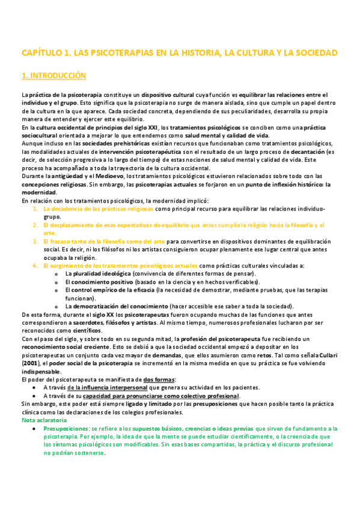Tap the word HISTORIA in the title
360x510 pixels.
(197, 53)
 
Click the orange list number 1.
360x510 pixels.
(35, 209)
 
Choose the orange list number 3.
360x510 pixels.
(35, 241)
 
